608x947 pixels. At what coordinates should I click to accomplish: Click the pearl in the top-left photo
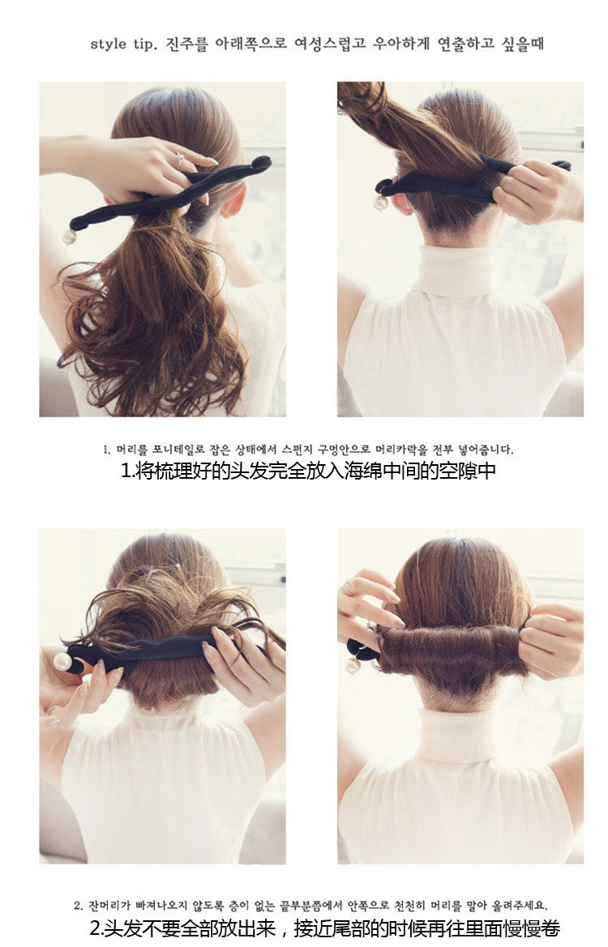pos(69,237)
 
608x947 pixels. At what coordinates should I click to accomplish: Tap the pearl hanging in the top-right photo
pos(380,203)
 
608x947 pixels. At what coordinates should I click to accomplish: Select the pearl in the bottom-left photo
pos(62,661)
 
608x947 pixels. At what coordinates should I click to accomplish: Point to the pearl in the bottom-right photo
pos(352,665)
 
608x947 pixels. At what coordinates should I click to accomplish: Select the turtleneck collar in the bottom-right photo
pos(459,734)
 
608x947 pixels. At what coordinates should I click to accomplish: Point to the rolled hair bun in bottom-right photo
pos(450,649)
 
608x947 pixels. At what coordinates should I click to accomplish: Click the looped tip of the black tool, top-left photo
pos(260,163)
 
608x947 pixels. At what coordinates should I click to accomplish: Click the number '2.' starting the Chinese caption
pos(96,928)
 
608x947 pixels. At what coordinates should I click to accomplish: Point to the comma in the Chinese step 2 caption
pos(283,930)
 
